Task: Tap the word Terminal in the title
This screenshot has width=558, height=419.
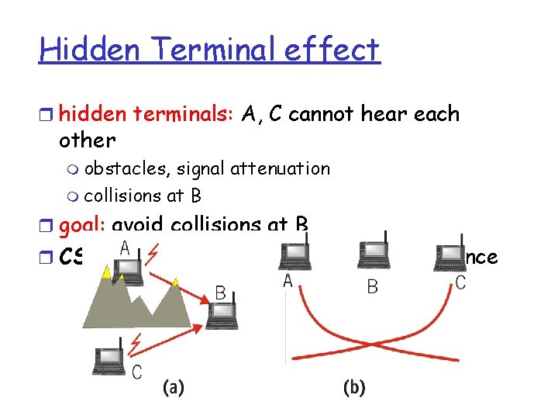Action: [x=197, y=50]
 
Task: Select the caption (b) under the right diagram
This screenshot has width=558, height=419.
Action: [x=353, y=387]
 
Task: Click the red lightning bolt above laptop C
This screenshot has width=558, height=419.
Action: [x=139, y=339]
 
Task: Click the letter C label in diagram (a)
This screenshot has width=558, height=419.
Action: [x=136, y=372]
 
